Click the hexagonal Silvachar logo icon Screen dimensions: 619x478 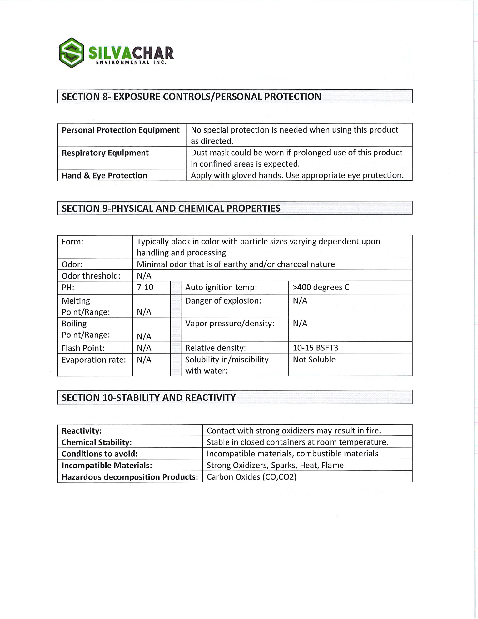pyautogui.click(x=72, y=53)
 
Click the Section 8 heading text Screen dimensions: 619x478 pyautogui.click(x=191, y=97)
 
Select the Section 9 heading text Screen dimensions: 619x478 pyautogui.click(x=171, y=208)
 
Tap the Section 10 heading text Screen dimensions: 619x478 pyautogui.click(x=148, y=397)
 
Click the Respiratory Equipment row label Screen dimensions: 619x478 pyautogui.click(x=105, y=153)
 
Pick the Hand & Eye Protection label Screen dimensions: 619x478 pyautogui.click(x=104, y=175)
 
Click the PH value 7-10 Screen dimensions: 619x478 pyautogui.click(x=145, y=287)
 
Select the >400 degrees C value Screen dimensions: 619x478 pyautogui.click(x=321, y=287)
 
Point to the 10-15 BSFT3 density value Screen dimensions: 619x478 pyautogui.click(x=315, y=348)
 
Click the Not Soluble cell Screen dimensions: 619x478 pyautogui.click(x=314, y=360)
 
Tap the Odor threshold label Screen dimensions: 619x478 pyautogui.click(x=91, y=276)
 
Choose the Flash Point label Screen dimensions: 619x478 pyautogui.click(x=83, y=348)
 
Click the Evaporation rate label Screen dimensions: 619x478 pyautogui.click(x=94, y=360)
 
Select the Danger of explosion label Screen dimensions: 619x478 pyautogui.click(x=223, y=301)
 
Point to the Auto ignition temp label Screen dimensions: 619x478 pyautogui.click(x=221, y=287)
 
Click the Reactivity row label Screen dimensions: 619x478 pyautogui.click(x=82, y=431)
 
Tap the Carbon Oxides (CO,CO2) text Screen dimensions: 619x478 pyautogui.click(x=251, y=477)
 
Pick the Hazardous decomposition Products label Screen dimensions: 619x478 pyautogui.click(x=130, y=477)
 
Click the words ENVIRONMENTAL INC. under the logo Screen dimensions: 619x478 pyautogui.click(x=131, y=63)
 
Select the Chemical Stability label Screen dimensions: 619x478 pyautogui.click(x=97, y=442)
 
